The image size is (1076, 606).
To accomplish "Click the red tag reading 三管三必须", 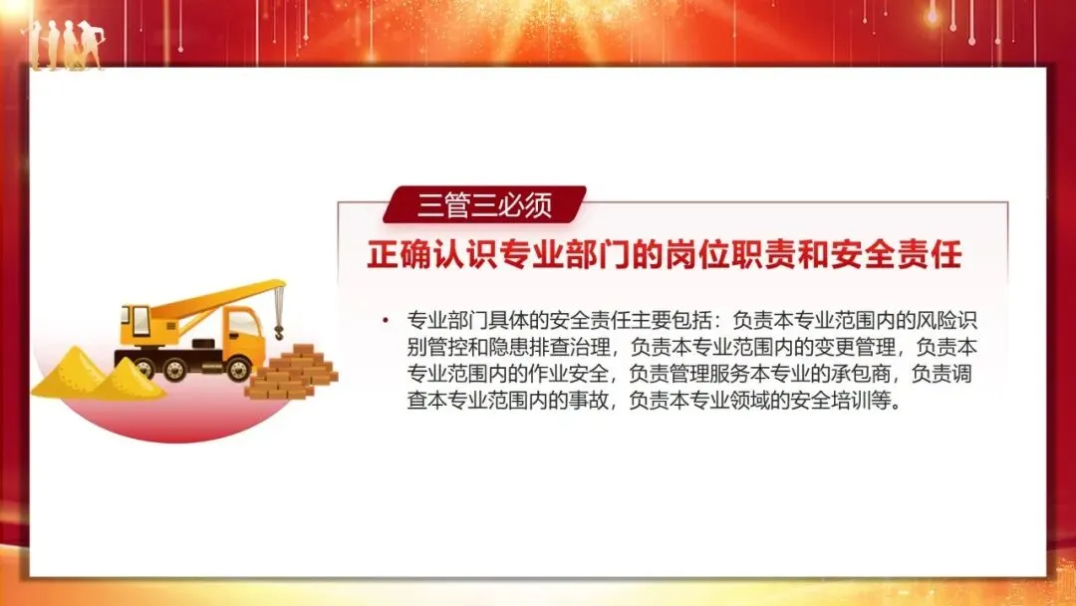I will (484, 204).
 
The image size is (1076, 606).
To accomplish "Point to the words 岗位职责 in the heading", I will (725, 255).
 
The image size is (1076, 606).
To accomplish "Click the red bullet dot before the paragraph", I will (385, 320).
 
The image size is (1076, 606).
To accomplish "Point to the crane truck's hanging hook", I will (279, 324).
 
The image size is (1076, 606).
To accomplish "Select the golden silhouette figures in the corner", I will (65, 46).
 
